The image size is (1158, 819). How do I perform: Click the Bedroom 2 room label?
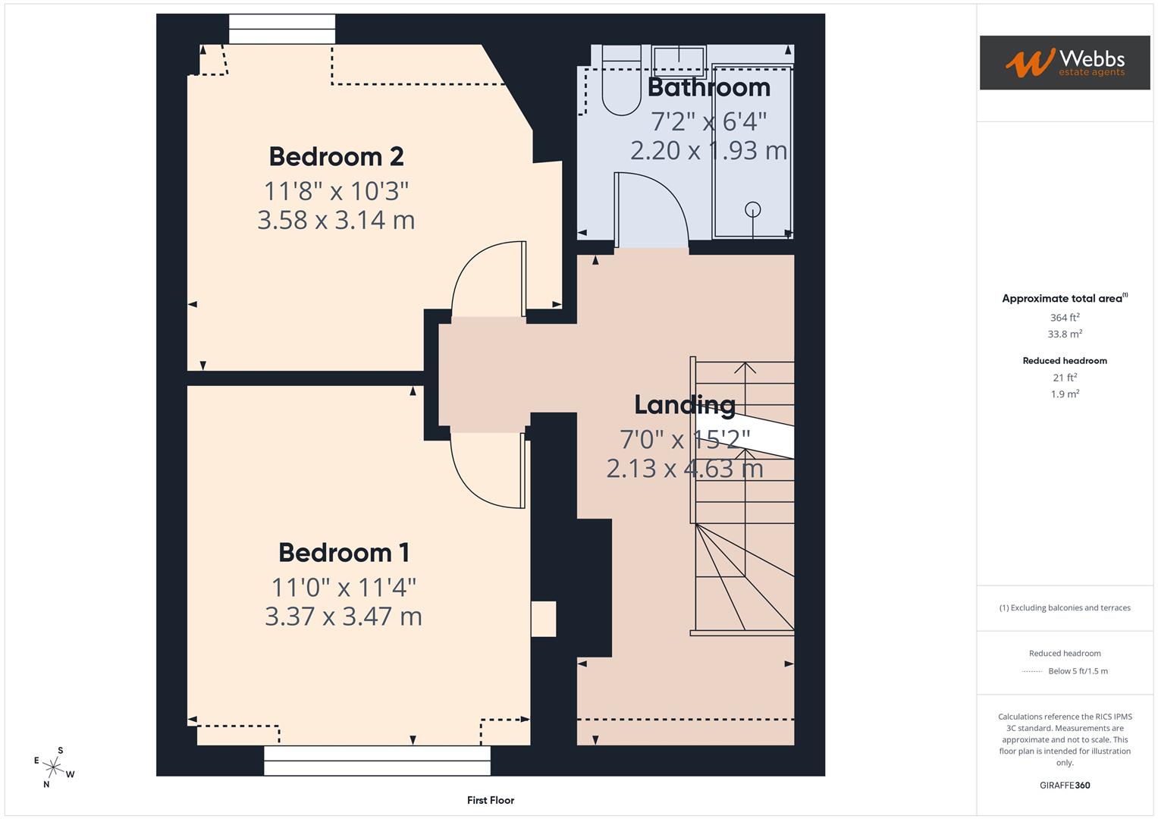(x=336, y=156)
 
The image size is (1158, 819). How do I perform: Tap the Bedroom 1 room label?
(x=344, y=552)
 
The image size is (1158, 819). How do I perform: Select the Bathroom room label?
(x=708, y=87)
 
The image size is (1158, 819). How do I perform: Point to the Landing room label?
(x=684, y=405)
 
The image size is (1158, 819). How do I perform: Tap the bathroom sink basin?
(x=679, y=57)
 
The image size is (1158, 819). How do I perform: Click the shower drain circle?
(x=752, y=209)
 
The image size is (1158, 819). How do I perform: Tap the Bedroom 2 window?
(x=282, y=30)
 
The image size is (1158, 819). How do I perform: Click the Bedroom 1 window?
(x=377, y=760)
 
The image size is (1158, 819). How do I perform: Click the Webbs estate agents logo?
(x=1065, y=62)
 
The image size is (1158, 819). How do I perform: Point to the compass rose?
(x=53, y=767)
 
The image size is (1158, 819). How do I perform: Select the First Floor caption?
(x=491, y=800)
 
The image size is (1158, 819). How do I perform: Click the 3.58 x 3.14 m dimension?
(x=336, y=220)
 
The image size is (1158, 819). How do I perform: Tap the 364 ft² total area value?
(x=1065, y=318)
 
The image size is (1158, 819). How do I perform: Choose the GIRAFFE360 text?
(x=1065, y=785)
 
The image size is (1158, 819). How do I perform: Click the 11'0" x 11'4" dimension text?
(x=344, y=587)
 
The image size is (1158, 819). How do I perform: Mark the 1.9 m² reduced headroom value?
(x=1065, y=394)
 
